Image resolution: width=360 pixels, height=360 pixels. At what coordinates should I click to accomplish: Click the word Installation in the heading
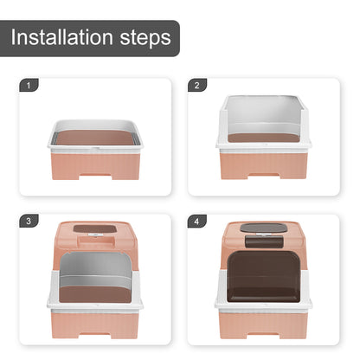pos(61,37)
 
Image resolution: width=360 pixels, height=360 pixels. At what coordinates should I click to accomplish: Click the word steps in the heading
pos(145,39)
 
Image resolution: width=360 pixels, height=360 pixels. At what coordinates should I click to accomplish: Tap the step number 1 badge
pos(29,86)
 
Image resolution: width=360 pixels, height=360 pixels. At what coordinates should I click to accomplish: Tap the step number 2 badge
pos(197,86)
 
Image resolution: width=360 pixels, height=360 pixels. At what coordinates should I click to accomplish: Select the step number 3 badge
pos(29,221)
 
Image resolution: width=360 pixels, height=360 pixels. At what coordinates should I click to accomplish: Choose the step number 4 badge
pos(196,221)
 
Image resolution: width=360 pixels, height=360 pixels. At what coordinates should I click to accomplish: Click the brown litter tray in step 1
pos(95,138)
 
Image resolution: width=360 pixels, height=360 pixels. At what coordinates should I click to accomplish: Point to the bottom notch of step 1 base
pos(95,177)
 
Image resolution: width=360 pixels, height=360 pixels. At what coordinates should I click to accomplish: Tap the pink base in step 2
pos(263,165)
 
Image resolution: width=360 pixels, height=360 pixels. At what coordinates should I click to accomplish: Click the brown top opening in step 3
pos(95,229)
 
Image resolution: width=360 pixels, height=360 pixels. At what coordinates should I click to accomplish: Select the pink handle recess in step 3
pos(95,241)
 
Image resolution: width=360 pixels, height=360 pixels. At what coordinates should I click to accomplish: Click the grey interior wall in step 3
pos(95,268)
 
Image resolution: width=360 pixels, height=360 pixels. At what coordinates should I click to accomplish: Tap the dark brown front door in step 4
pos(263,276)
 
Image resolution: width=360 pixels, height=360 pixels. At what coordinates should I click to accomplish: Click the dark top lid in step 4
pos(263,228)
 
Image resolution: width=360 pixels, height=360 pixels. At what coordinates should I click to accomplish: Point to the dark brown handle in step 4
pos(264,241)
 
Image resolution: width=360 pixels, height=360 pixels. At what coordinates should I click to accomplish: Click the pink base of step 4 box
pos(263,325)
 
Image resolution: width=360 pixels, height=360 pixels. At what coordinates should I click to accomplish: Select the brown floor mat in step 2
pos(264,138)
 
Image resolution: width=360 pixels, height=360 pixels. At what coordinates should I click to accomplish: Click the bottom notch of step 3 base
pos(95,336)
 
